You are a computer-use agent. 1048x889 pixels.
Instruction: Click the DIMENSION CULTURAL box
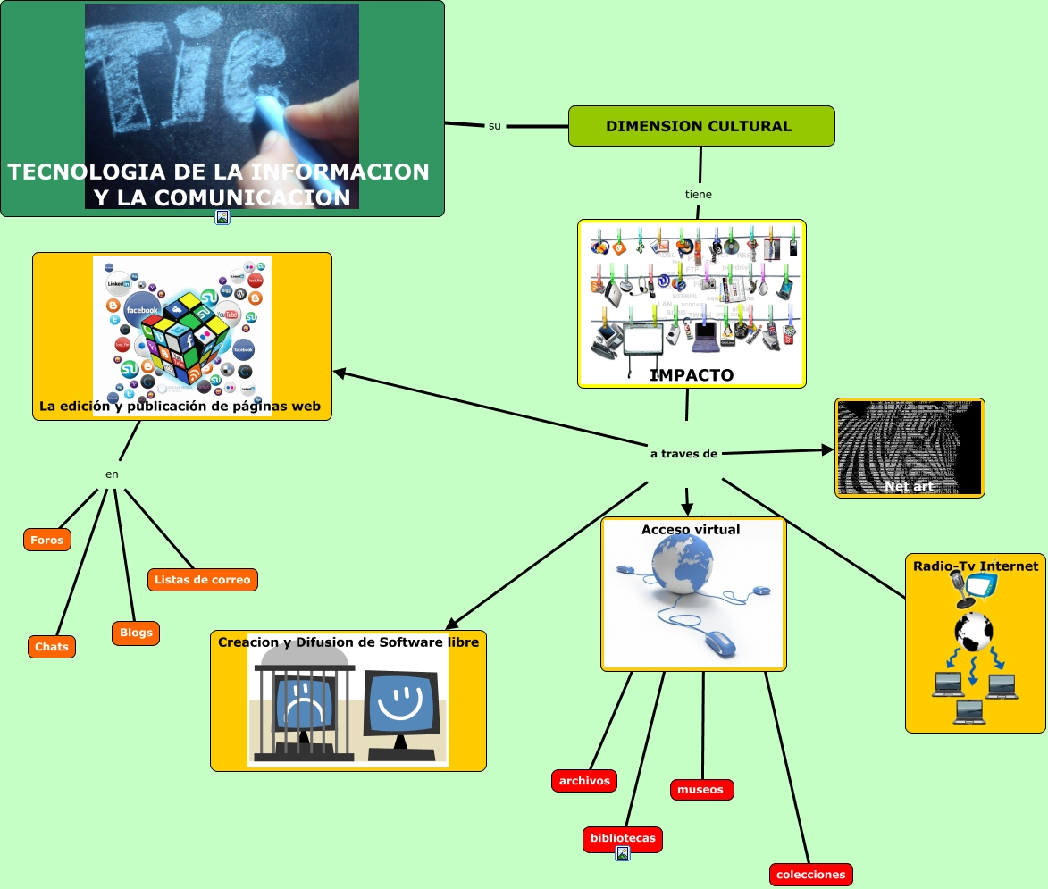pyautogui.click(x=701, y=126)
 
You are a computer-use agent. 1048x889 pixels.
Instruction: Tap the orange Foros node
pyautogui.click(x=46, y=540)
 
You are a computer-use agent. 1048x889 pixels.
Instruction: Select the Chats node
pyautogui.click(x=52, y=646)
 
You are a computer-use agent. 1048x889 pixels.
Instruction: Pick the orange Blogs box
pyautogui.click(x=135, y=633)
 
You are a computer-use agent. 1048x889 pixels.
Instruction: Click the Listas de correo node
pyautogui.click(x=203, y=580)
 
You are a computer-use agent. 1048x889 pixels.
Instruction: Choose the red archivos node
pyautogui.click(x=584, y=781)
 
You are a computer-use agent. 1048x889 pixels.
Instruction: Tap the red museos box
pyautogui.click(x=701, y=790)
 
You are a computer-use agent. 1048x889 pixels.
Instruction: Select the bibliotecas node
pyautogui.click(x=623, y=839)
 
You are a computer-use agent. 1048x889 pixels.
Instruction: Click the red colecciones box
pyautogui.click(x=810, y=875)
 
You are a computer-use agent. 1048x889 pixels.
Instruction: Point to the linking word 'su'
pyautogui.click(x=495, y=126)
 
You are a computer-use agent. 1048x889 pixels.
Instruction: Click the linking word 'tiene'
pyautogui.click(x=699, y=194)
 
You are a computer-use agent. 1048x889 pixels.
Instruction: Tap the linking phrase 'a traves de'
pyautogui.click(x=683, y=454)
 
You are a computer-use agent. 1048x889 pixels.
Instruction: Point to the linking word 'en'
pyautogui.click(x=112, y=474)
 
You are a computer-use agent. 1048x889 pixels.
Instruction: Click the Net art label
pyautogui.click(x=909, y=486)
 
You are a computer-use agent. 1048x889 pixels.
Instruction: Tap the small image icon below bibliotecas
pyautogui.click(x=623, y=853)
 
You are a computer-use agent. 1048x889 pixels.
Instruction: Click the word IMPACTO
pyautogui.click(x=692, y=375)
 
